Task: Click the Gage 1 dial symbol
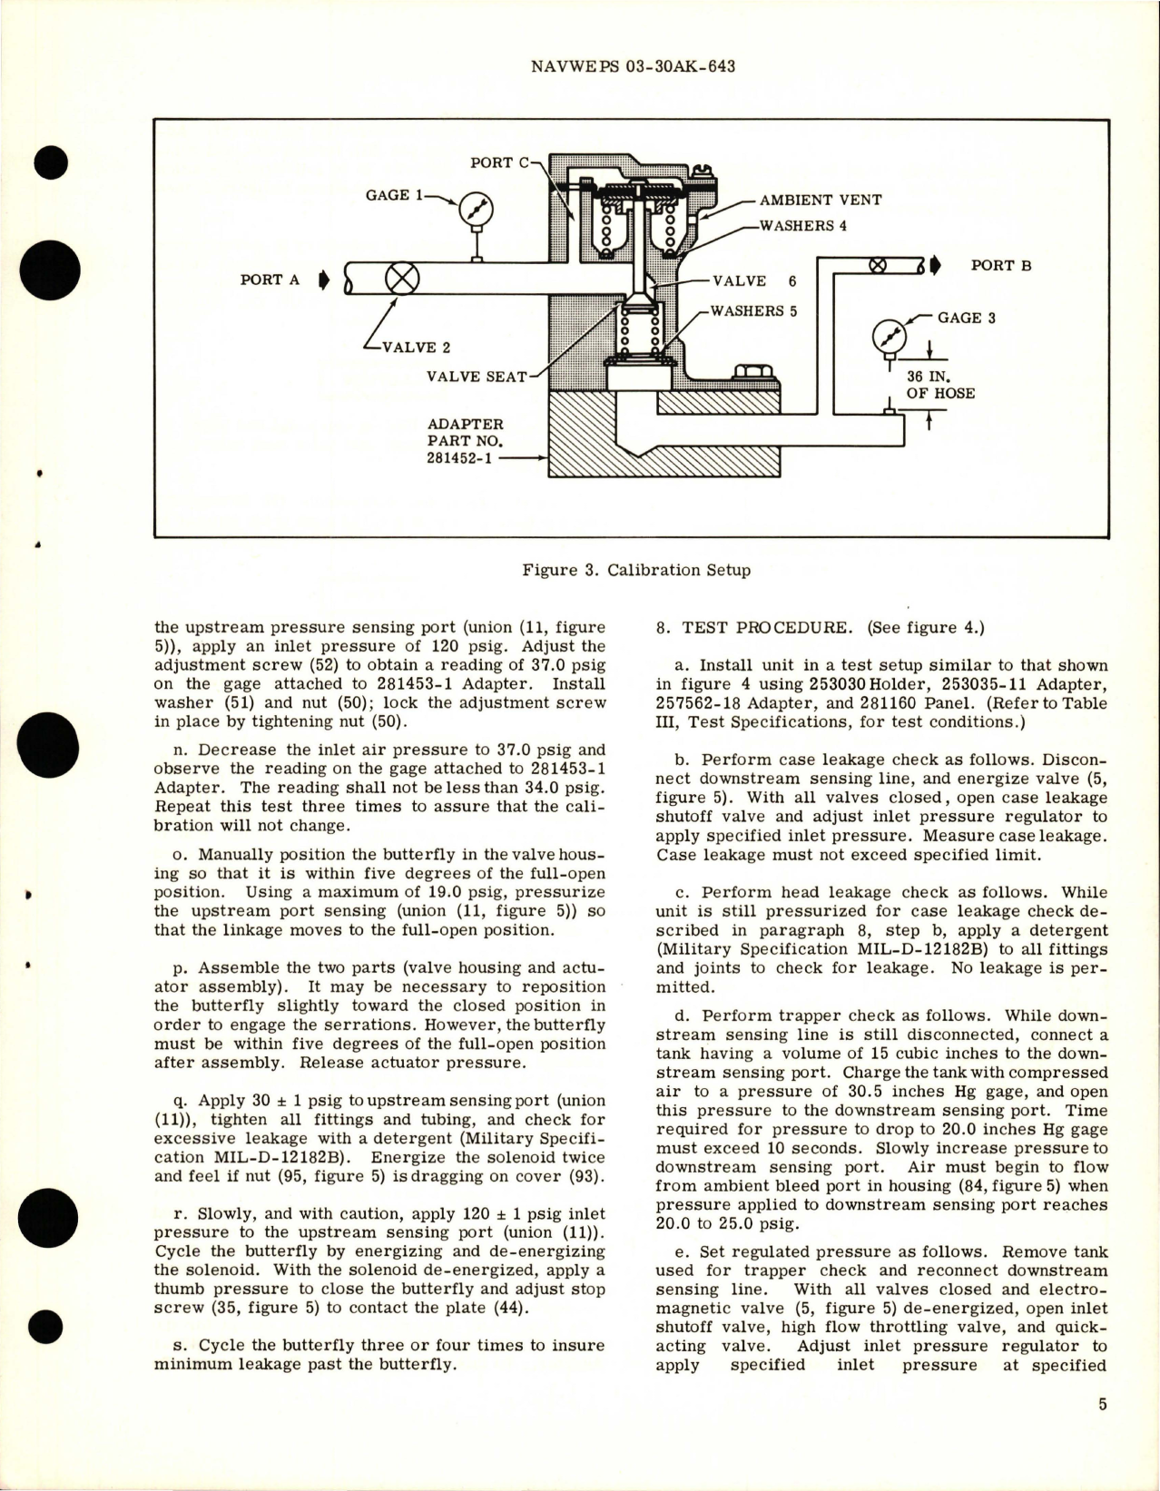click(473, 211)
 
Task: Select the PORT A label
click(270, 280)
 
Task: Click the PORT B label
click(1001, 266)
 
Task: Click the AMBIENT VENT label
click(819, 200)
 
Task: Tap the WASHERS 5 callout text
click(753, 311)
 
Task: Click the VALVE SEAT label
click(477, 376)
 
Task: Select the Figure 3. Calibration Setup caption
click(636, 571)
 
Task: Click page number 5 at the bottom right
click(1102, 1431)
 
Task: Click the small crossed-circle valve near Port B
click(878, 266)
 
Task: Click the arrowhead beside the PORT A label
click(323, 280)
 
